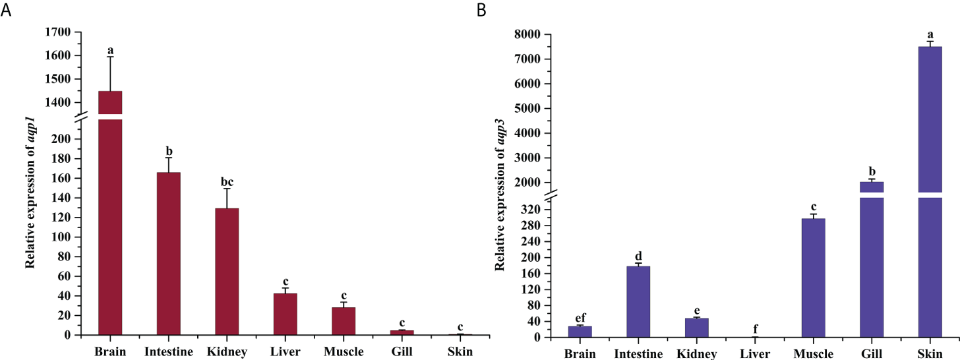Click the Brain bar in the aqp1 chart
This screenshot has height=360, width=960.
110,224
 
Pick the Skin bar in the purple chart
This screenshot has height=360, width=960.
930,198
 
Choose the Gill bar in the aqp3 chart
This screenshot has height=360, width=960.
871,264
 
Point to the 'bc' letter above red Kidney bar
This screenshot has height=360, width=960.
227,182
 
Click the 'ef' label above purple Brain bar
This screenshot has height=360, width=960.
580,318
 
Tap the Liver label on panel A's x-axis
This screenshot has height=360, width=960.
285,351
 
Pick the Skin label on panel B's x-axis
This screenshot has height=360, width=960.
930,354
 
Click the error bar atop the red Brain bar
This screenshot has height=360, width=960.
110,73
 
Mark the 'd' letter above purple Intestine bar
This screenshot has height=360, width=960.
638,256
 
